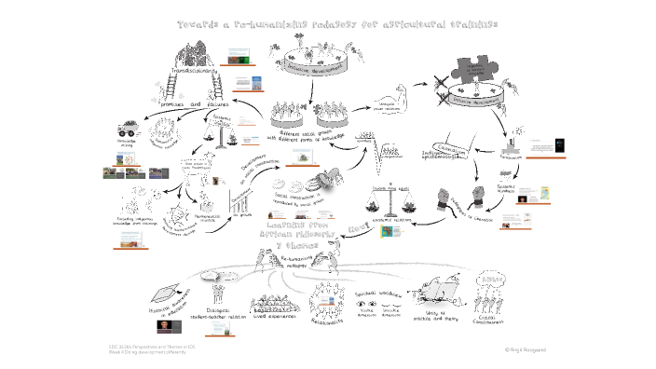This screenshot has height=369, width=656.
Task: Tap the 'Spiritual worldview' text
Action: tap(382, 293)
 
